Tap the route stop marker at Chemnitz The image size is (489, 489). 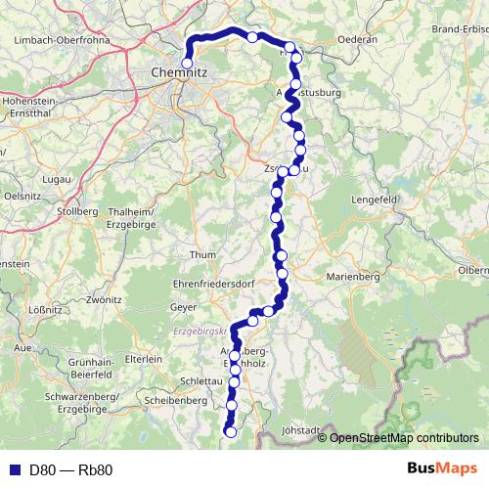(x=187, y=63)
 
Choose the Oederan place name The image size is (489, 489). (x=355, y=40)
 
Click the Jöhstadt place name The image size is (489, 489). (x=301, y=429)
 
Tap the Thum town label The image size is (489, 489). (x=202, y=255)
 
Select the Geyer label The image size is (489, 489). (x=184, y=307)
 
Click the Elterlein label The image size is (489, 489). (x=144, y=359)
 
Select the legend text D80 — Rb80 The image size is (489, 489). (x=70, y=469)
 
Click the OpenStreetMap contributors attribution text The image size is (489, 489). (x=404, y=437)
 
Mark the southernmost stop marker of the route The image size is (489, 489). (x=231, y=431)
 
